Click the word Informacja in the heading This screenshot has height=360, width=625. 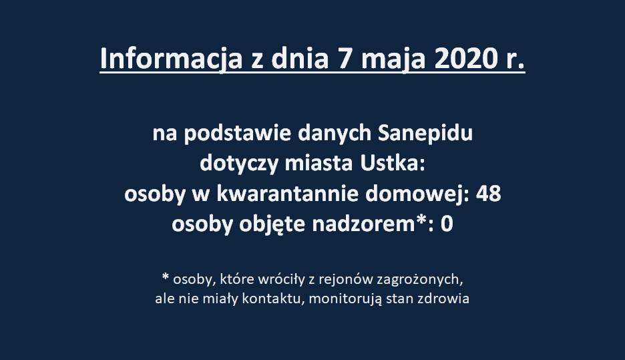pos(171,59)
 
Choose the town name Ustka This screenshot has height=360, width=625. pos(393,164)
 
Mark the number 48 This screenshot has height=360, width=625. pos(488,194)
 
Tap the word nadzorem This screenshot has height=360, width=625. pos(363,224)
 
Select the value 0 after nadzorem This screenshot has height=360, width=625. pos(447,224)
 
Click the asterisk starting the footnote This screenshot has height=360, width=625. pos(166,276)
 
